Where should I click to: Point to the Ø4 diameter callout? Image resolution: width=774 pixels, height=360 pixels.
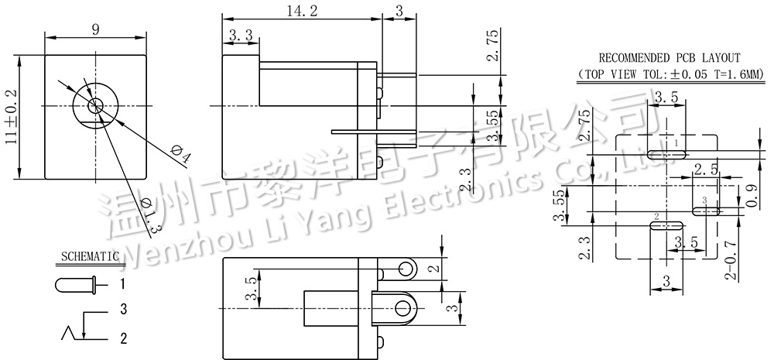180,154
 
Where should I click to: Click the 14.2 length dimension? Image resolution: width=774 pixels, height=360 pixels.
301,11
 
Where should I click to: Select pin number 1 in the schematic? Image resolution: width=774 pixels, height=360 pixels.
122,284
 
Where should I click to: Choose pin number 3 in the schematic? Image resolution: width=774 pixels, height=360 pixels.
122,310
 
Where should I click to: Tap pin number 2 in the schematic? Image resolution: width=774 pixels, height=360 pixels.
122,338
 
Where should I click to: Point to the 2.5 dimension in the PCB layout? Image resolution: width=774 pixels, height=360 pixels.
705,170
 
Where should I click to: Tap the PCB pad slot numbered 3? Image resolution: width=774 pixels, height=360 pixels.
705,210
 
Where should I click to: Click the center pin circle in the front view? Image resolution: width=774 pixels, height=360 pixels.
94,105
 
